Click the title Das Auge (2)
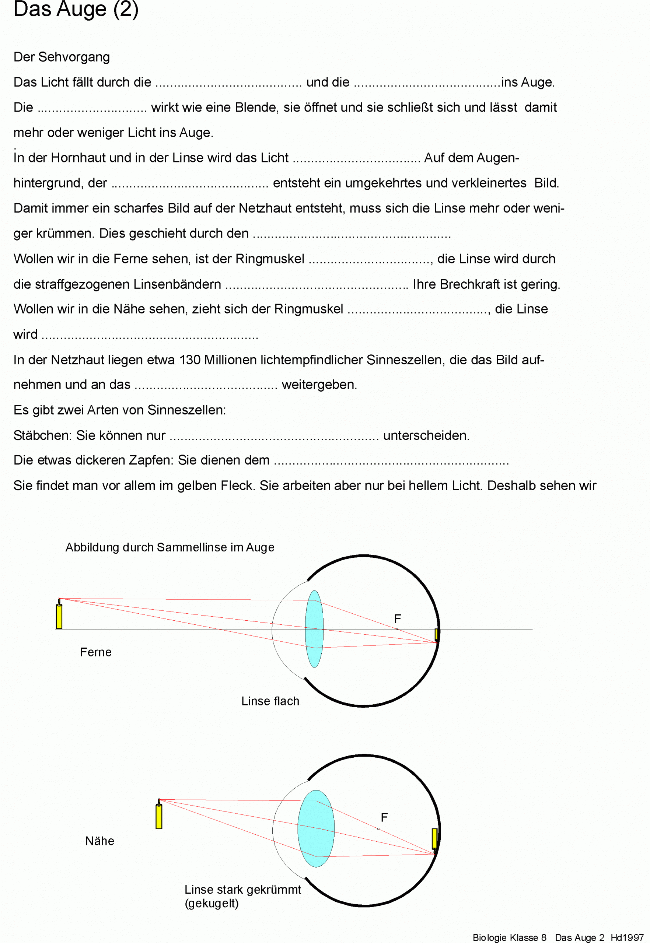pyautogui.click(x=76, y=9)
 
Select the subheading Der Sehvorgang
pyautogui.click(x=62, y=57)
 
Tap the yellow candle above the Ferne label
pyautogui.click(x=59, y=616)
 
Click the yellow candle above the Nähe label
pyautogui.click(x=159, y=816)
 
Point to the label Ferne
pyautogui.click(x=96, y=652)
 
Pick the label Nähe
pyautogui.click(x=100, y=841)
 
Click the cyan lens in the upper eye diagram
pyautogui.click(x=314, y=629)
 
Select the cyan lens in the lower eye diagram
pyautogui.click(x=316, y=828)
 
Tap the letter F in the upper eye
pyautogui.click(x=398, y=619)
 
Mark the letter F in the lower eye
pyautogui.click(x=384, y=817)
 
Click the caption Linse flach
pyautogui.click(x=270, y=701)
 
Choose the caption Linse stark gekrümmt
pyautogui.click(x=243, y=890)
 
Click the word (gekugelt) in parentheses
pyautogui.click(x=212, y=904)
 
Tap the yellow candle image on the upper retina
pyautogui.click(x=437, y=634)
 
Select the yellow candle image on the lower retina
pyautogui.click(x=434, y=839)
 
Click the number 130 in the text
pyautogui.click(x=190, y=360)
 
